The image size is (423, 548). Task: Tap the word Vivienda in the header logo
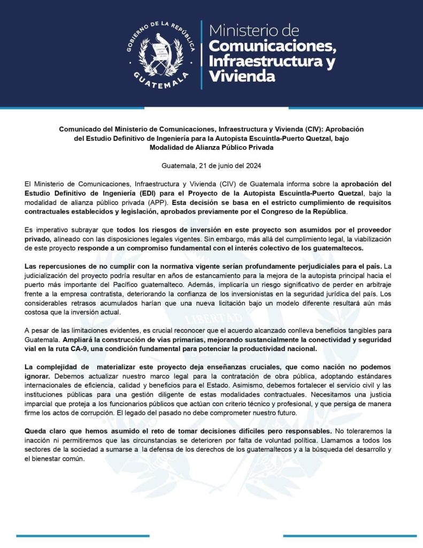tap(243, 76)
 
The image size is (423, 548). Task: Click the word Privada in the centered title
tap(266, 148)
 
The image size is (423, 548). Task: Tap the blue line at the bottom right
tap(350, 535)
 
